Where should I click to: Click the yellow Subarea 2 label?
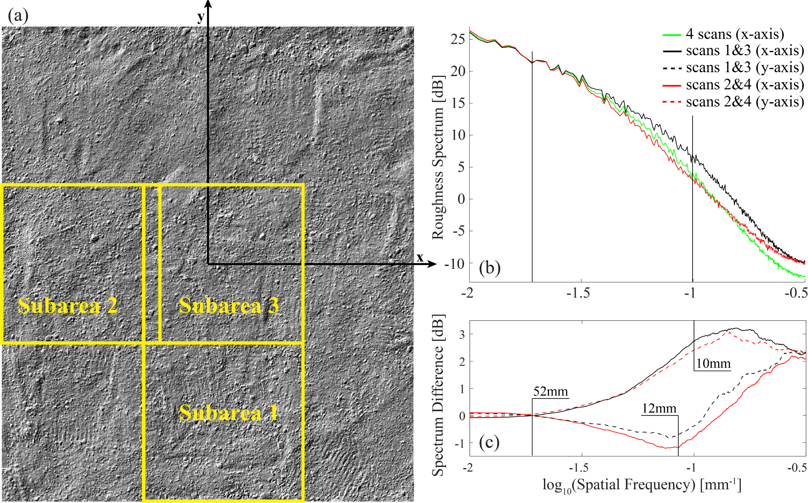67,305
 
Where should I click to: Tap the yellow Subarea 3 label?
229,305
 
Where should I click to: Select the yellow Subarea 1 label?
229,412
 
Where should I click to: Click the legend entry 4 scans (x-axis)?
734,34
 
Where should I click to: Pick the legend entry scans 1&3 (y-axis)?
744,67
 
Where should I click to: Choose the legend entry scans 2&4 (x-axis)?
744,84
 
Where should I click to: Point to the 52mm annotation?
550,392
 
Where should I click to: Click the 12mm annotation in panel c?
659,409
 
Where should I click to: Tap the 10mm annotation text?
713,363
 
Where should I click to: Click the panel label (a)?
18,16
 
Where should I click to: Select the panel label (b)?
489,268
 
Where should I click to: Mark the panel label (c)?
489,443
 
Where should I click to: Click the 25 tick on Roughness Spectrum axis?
458,39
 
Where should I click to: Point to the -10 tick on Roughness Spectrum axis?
455,263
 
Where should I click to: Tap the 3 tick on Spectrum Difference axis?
462,335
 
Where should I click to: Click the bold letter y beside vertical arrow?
200,17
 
